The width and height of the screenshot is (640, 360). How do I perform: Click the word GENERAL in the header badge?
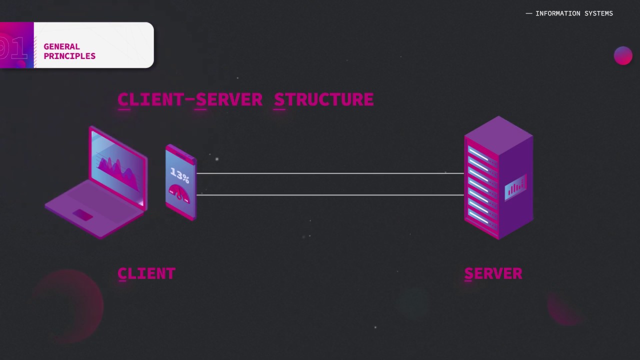click(x=61, y=46)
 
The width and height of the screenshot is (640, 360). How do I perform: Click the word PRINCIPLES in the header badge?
click(x=69, y=56)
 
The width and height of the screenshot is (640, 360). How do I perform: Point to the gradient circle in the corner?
click(x=623, y=55)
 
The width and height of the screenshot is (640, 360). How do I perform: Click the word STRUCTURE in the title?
click(x=323, y=99)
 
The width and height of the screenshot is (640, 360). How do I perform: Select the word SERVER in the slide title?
click(x=229, y=99)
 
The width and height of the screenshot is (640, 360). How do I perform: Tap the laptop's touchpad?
click(x=82, y=215)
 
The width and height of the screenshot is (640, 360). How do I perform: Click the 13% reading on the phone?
click(x=179, y=175)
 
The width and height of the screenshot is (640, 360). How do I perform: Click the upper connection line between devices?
click(x=330, y=173)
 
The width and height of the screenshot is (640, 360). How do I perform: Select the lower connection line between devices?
click(x=330, y=195)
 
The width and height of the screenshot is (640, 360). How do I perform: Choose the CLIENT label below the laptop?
click(x=146, y=273)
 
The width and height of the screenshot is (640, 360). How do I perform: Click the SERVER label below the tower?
click(x=493, y=273)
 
